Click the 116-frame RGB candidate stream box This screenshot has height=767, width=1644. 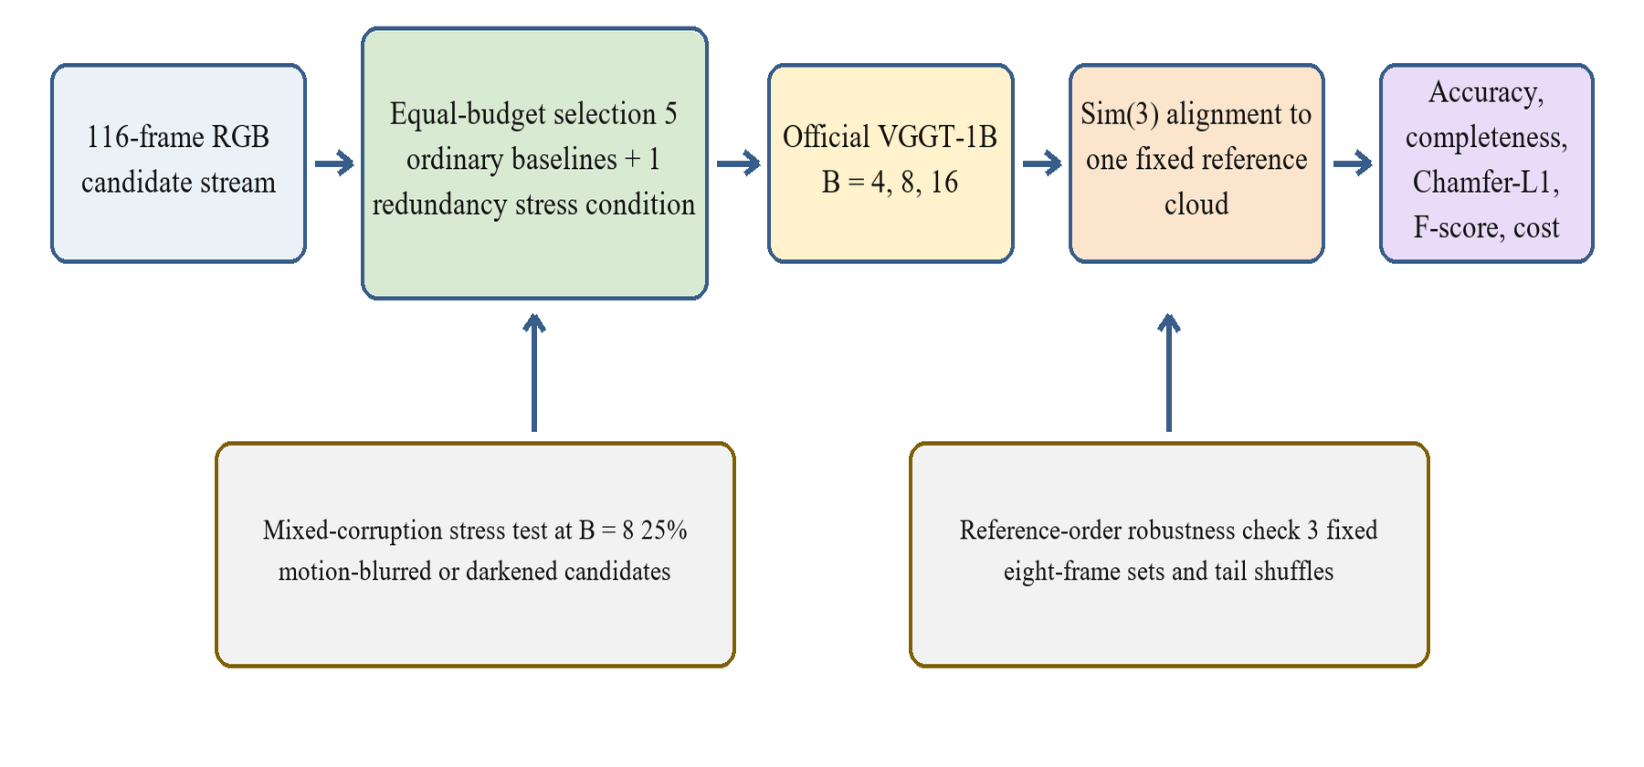(x=178, y=163)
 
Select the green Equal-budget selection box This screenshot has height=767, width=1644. (x=534, y=163)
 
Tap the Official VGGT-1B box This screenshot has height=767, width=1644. (x=890, y=163)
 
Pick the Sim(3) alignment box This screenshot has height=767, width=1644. (x=1196, y=163)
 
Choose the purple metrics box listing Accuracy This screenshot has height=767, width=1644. (x=1486, y=163)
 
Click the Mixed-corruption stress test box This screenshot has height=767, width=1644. (x=475, y=555)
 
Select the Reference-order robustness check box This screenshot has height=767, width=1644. (x=1169, y=555)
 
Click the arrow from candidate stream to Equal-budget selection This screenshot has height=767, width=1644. (x=334, y=163)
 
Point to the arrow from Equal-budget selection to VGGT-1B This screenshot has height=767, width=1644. (x=739, y=163)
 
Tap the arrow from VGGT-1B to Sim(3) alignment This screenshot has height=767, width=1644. (x=1042, y=163)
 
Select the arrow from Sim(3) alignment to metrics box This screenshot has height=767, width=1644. (x=1353, y=163)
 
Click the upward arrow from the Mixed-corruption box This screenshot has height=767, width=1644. (x=534, y=373)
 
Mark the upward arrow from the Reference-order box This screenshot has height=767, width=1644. (x=1169, y=373)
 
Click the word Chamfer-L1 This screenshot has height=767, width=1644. (x=1486, y=183)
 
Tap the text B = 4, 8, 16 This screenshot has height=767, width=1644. (x=890, y=183)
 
